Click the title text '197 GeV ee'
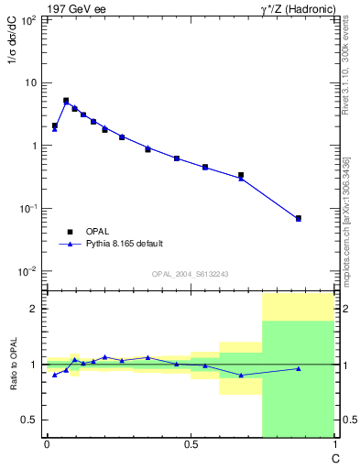click(73, 8)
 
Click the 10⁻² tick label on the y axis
click(29, 272)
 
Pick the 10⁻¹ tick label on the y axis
click(29, 209)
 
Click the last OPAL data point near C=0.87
click(299, 218)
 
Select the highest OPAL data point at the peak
click(66, 101)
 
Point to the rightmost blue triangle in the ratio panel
click(299, 369)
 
